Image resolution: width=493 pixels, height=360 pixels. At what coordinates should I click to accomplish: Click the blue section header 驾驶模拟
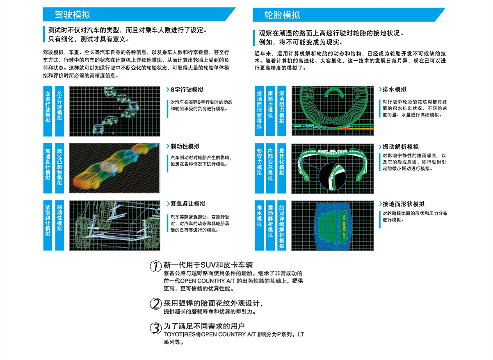tap(73, 15)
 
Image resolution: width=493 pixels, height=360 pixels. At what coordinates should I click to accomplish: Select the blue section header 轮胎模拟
tap(282, 15)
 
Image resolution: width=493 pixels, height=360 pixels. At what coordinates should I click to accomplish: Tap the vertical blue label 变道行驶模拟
tap(48, 111)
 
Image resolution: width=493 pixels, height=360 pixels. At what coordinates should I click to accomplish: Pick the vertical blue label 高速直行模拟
tap(48, 168)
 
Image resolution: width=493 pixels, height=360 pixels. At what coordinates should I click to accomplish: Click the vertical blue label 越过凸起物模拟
tap(59, 168)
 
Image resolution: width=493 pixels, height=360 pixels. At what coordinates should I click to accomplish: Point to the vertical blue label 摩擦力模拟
tap(270, 111)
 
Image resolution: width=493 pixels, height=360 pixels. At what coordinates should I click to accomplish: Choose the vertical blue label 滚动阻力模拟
tap(281, 111)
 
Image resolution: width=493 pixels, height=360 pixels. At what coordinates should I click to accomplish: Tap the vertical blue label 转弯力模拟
tap(259, 168)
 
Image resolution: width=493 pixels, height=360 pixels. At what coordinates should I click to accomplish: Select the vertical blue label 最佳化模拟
tap(281, 168)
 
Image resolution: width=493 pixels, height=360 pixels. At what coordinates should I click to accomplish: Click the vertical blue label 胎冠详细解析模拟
tap(281, 225)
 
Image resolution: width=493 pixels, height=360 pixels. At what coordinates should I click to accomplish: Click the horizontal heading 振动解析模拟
tap(400, 147)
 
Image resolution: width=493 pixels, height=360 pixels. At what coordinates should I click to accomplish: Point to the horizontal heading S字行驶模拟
tap(187, 90)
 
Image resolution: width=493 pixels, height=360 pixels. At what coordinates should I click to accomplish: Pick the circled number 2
tap(155, 304)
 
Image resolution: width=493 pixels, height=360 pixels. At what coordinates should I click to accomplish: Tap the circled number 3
tap(155, 328)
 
